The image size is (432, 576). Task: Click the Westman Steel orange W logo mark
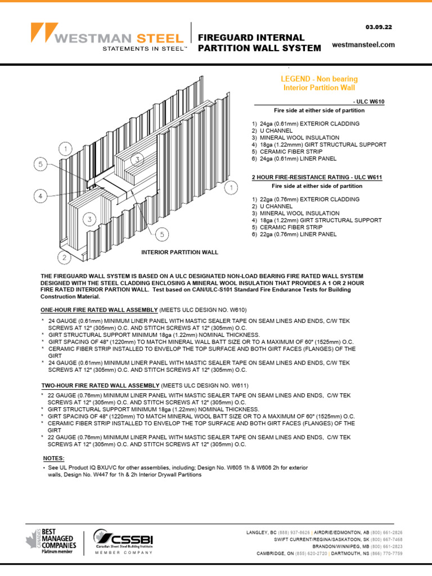coord(44,33)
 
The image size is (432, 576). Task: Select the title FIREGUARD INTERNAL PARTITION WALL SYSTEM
coord(259,43)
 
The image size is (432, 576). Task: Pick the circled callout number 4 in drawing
coord(39,196)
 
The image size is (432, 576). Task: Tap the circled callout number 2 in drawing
coord(65,258)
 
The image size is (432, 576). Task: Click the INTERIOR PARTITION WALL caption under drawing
coord(179,253)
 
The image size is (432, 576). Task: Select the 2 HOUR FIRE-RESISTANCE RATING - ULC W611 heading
coord(317,177)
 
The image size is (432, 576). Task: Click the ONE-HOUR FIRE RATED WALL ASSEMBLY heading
coord(100,310)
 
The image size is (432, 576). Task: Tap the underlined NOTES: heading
coord(54,458)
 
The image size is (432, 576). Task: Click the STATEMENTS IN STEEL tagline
coord(144,49)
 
